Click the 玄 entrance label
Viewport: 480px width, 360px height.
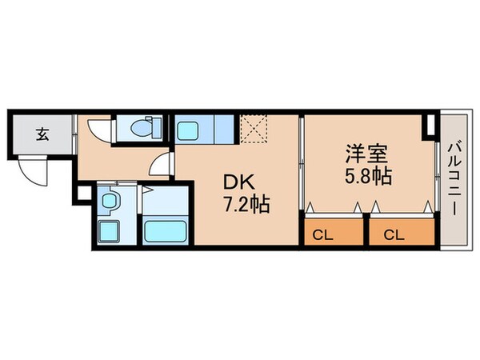tap(41, 134)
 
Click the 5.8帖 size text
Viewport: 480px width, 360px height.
tap(367, 176)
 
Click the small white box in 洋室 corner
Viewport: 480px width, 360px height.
tap(431, 126)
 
